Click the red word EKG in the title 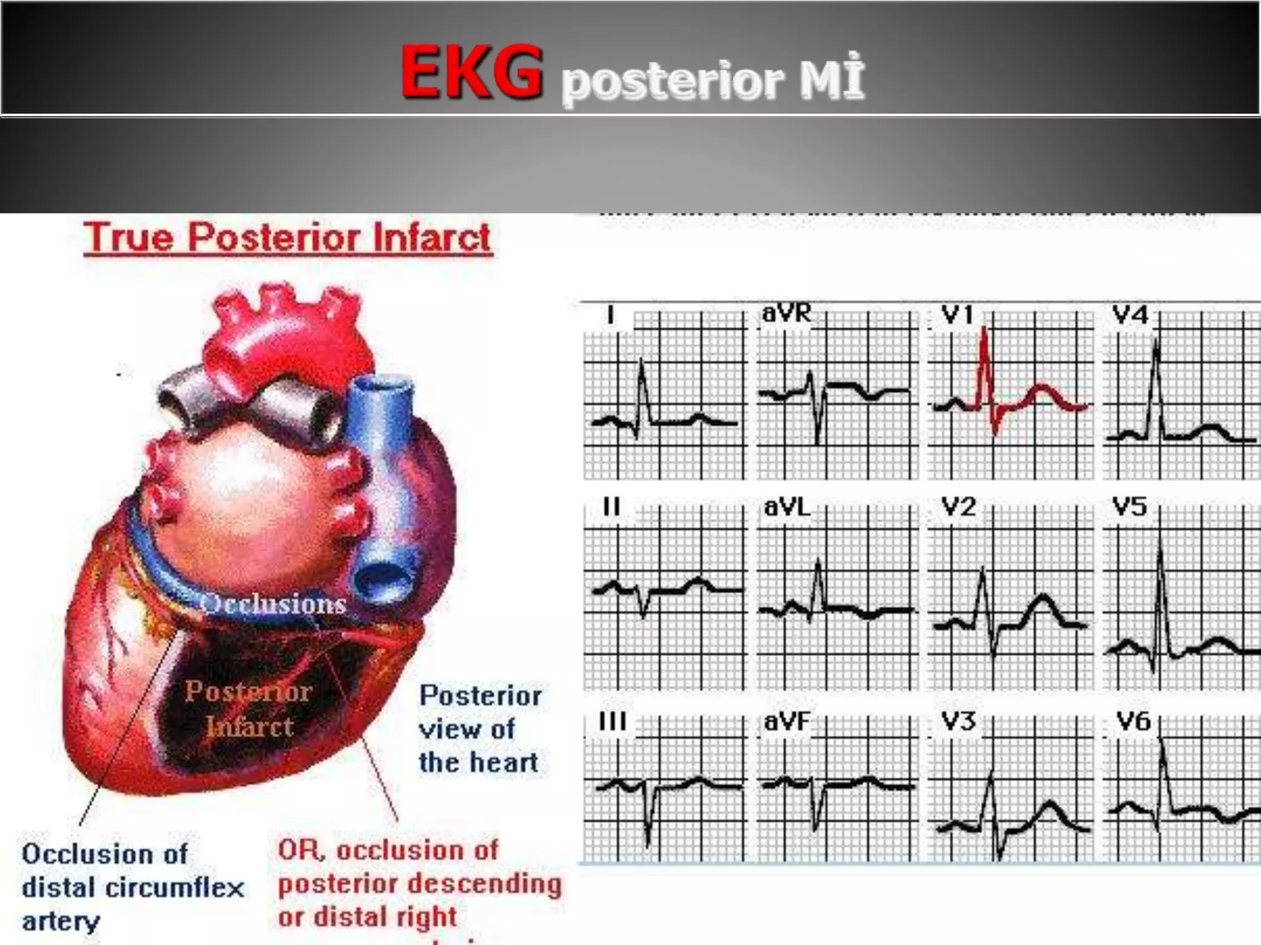pos(472,74)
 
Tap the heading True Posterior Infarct pos(288,237)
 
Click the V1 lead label pos(957,316)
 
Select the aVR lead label pos(786,313)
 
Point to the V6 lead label pos(1134,721)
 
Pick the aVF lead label pos(786,721)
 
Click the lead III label pos(612,721)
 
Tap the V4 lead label pos(1130,316)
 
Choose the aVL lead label pos(786,508)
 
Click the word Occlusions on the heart pos(273,604)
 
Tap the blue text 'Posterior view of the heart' pos(480,729)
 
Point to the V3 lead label pos(959,721)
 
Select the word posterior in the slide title pos(672,82)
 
